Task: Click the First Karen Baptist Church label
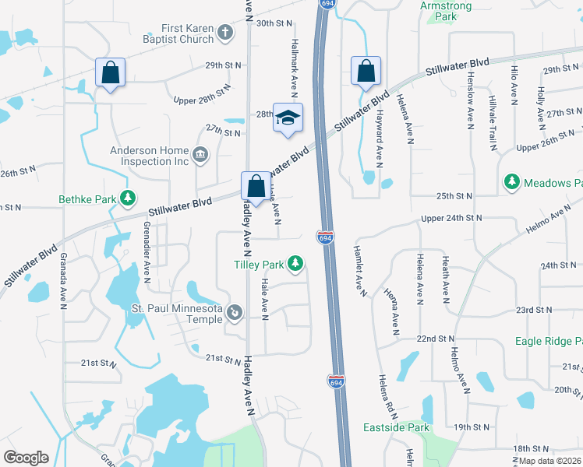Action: pyautogui.click(x=178, y=33)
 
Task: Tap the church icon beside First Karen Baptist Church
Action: pyautogui.click(x=225, y=33)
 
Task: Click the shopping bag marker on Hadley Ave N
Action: pyautogui.click(x=256, y=186)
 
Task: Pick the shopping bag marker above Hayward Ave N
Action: pyautogui.click(x=366, y=72)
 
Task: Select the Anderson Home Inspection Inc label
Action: pyautogui.click(x=150, y=156)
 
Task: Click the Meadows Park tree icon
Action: pyautogui.click(x=511, y=182)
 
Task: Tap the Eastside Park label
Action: pyautogui.click(x=396, y=427)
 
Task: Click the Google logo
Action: pyautogui.click(x=26, y=458)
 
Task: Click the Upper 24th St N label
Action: pyautogui.click(x=451, y=219)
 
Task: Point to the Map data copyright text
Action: pyautogui.click(x=549, y=460)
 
